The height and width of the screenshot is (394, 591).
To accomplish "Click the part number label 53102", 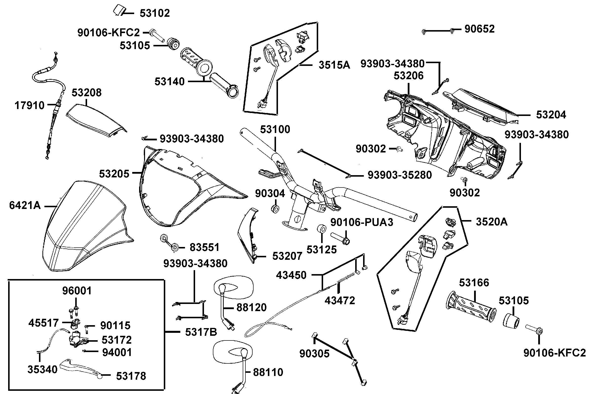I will [154, 13].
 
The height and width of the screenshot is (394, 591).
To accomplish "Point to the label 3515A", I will [334, 65].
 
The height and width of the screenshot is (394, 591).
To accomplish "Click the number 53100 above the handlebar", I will [275, 130].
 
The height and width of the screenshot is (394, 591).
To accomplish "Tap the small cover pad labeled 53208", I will [97, 121].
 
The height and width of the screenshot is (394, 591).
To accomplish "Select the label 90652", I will [479, 29].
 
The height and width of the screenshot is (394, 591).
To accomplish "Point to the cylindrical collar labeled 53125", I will [322, 229].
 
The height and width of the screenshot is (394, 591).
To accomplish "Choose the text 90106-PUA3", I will [361, 222].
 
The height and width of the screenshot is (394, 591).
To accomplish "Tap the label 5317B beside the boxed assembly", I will [201, 332].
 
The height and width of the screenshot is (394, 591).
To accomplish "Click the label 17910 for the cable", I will [29, 106].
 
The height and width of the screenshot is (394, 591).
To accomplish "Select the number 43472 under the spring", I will [340, 300].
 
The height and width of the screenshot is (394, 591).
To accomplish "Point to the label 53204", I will [551, 115].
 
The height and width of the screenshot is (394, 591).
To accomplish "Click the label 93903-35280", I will [399, 175].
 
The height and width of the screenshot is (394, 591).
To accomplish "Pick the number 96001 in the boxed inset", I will [77, 291].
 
